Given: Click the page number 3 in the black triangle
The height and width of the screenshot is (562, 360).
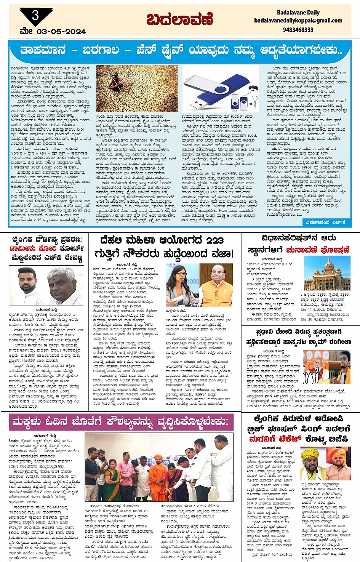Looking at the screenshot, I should click(35, 15).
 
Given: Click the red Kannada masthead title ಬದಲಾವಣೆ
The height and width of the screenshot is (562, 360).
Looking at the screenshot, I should click(179, 19).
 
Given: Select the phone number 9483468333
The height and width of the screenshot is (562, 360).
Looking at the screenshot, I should click(298, 29).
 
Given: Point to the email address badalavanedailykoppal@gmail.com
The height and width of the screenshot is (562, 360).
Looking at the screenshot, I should click(298, 21).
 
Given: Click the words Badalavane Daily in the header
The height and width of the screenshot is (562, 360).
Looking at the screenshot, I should click(298, 13).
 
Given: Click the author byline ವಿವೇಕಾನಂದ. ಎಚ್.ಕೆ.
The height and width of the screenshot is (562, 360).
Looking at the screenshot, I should click(326, 222).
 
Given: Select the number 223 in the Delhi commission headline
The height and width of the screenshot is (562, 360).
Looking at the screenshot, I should click(214, 240).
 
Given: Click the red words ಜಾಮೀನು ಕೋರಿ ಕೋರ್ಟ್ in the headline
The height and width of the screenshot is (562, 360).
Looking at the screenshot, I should click(46, 248).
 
